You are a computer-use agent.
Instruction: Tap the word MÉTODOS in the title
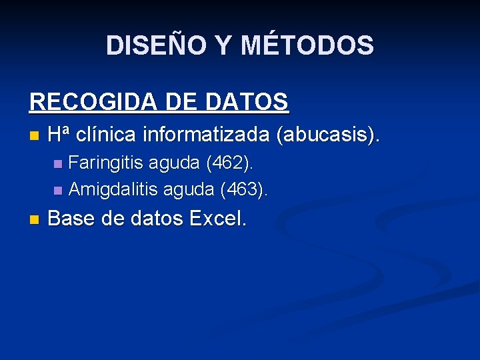click(307, 45)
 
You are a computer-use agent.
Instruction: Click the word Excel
click(218, 218)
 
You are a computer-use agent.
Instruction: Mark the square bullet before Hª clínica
click(34, 137)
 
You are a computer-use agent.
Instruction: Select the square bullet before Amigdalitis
click(58, 191)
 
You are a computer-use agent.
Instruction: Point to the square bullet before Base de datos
click(34, 219)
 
